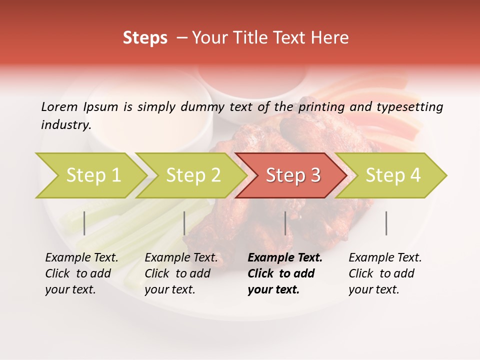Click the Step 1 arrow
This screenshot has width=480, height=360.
pos(92,175)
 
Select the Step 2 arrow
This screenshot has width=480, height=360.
pos(192,175)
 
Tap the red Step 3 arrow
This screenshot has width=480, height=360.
pos(292,175)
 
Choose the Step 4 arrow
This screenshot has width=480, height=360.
pos(392,175)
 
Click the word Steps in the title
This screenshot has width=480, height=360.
pos(145,37)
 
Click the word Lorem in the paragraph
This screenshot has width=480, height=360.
pos(59,106)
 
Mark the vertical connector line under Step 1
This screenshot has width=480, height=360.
pos(84,223)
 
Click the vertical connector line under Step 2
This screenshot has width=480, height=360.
pos(184,223)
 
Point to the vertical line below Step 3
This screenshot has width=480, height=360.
pos(285,223)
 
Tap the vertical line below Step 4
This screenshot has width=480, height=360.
pos(386,223)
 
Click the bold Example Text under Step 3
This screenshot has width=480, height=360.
pos(285,258)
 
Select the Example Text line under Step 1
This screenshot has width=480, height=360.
pos(81,258)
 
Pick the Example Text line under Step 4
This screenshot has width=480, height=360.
pos(385,258)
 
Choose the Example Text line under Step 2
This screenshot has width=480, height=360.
pos(181,258)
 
